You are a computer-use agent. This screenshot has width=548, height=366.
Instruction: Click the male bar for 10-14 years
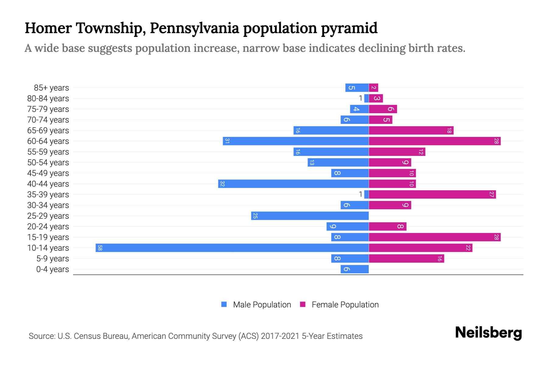coord(232,248)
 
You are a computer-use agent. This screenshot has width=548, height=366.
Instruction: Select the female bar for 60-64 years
coord(434,141)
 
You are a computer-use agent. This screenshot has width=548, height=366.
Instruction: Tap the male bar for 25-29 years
coord(310,216)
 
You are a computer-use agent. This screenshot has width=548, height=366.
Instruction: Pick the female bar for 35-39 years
coord(432,194)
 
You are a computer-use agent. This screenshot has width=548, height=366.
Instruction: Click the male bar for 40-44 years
coord(293,184)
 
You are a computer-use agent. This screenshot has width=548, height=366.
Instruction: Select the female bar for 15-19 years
coord(434,237)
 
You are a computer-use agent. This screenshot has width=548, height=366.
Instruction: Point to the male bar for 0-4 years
coord(354,269)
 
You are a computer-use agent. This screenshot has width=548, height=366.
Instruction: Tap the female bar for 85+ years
coord(373,88)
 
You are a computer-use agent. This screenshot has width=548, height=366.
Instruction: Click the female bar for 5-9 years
coord(406,258)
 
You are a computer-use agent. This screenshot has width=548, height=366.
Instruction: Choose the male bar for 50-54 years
coord(338,162)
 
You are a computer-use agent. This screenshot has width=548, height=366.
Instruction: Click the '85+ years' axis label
coord(51,88)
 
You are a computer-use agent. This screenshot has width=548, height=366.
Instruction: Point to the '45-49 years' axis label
coord(48,173)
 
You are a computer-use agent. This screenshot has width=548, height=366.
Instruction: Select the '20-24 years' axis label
coord(48,227)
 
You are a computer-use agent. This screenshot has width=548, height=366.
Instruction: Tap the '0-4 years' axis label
coord(52,269)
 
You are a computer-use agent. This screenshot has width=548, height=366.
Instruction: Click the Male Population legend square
coord(224,304)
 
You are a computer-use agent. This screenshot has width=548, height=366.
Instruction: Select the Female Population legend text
coord(345,304)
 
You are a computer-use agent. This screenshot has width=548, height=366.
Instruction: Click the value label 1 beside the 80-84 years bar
coord(360,98)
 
